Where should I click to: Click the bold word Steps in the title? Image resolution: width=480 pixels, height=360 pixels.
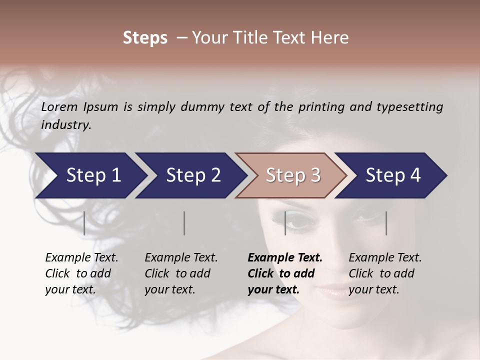click(x=145, y=38)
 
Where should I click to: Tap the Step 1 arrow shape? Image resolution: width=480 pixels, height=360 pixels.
click(x=90, y=175)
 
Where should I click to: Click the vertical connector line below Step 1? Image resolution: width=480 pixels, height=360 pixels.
click(x=84, y=223)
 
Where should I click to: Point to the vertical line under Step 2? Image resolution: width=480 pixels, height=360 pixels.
click(x=184, y=223)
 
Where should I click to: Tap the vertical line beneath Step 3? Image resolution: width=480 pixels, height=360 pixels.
click(x=285, y=223)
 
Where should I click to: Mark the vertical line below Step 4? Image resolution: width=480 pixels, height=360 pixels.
click(x=386, y=223)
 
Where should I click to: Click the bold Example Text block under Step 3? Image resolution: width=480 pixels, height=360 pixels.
click(x=285, y=273)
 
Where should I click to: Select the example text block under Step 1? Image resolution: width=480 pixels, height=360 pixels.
click(x=81, y=273)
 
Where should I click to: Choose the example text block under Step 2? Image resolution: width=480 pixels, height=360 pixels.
click(x=181, y=273)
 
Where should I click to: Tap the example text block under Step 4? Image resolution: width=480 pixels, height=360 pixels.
click(x=385, y=273)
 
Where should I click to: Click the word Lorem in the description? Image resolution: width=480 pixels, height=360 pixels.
click(x=59, y=106)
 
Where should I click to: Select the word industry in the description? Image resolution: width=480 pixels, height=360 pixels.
click(x=66, y=125)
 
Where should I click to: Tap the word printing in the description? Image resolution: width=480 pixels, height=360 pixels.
click(x=322, y=107)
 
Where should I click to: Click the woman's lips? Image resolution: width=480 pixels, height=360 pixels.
click(x=334, y=291)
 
